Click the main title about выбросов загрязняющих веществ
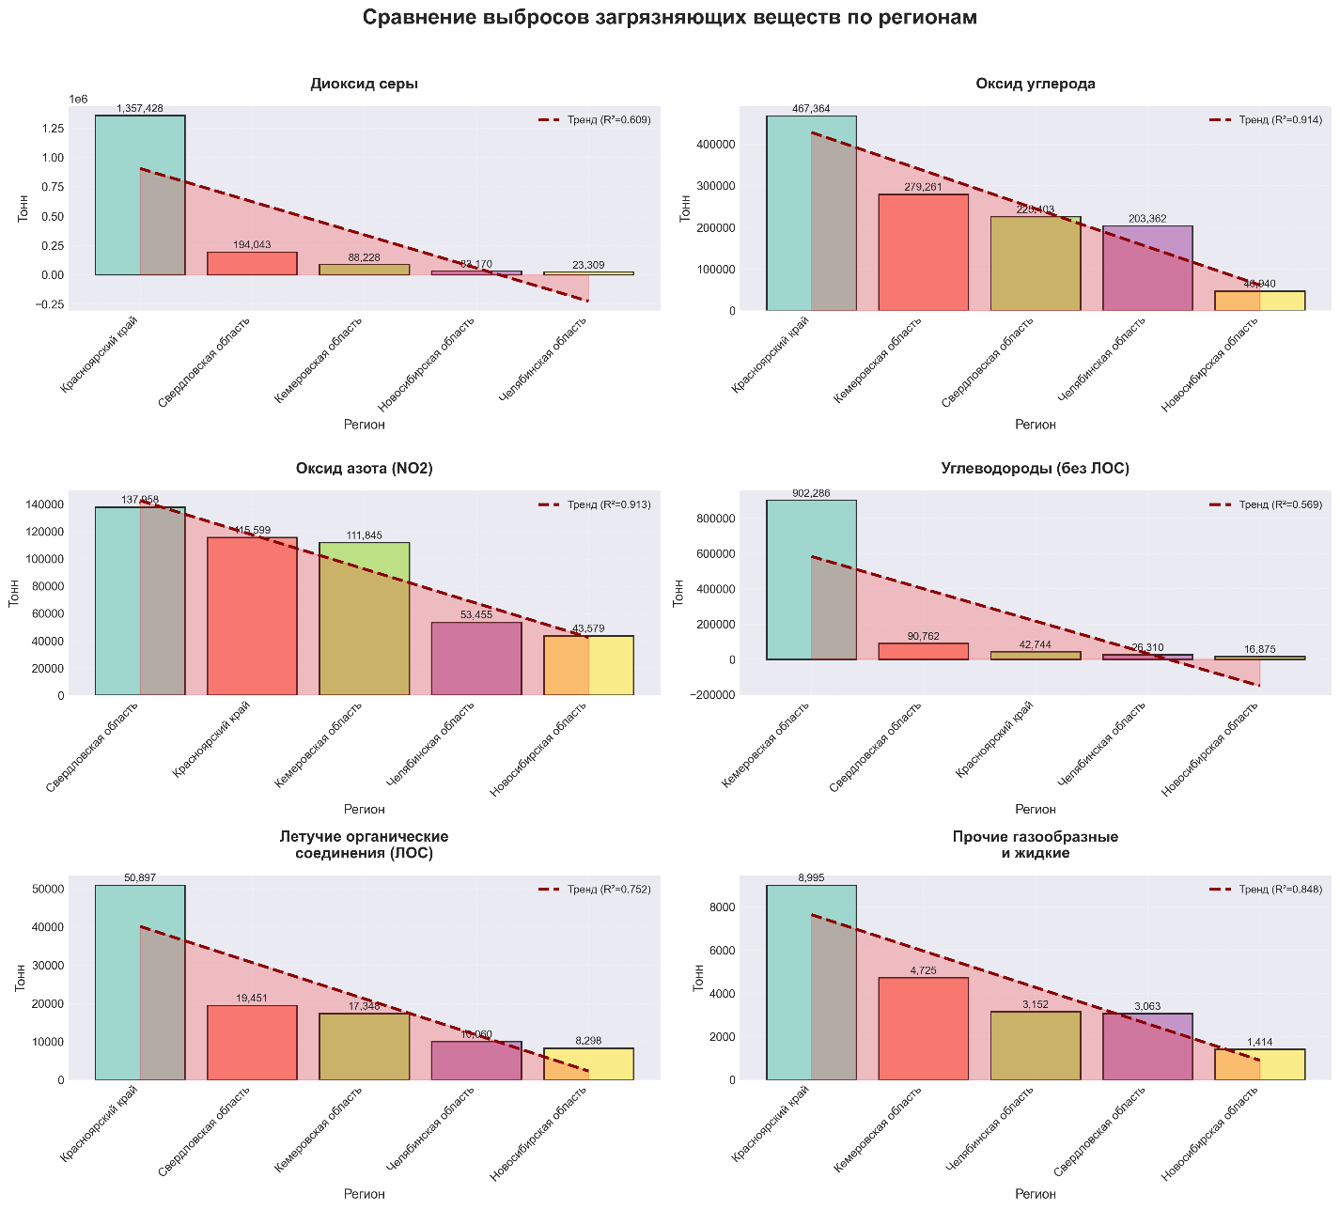[669, 18]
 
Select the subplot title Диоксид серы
[364, 84]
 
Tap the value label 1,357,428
[140, 109]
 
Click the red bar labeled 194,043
[252, 264]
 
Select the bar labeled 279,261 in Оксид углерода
[923, 252]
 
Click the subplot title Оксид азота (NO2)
[364, 469]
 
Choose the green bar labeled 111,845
[364, 619]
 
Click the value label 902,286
[811, 493]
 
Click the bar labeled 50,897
[140, 982]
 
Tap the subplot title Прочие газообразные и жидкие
[1035, 845]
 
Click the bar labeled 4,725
[923, 1029]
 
